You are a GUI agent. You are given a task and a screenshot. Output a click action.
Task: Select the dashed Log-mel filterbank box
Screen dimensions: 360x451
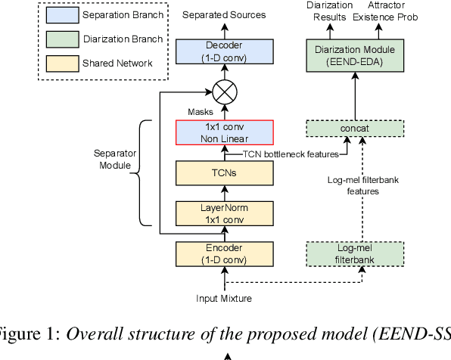click(359, 253)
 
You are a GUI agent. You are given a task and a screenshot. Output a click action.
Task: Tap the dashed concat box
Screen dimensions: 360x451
click(359, 129)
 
